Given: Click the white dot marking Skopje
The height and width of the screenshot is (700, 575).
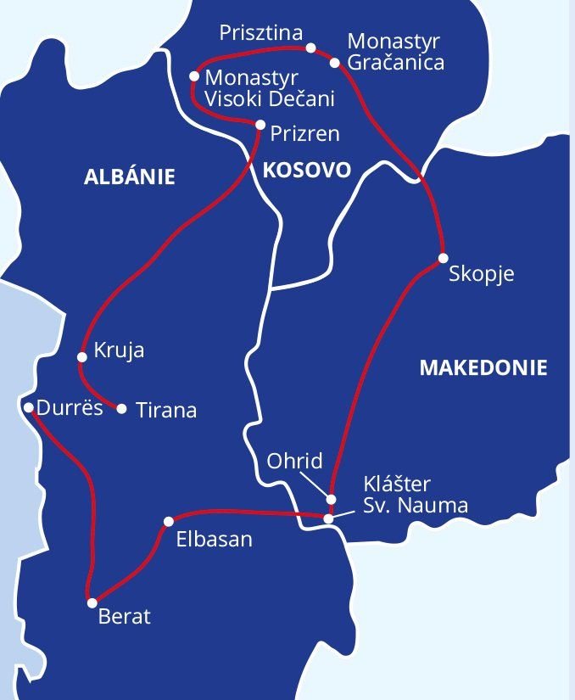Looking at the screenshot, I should [x=443, y=258].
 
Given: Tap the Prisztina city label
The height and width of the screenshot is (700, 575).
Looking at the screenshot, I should [x=260, y=33].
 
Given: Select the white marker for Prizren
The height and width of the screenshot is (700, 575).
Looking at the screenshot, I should [x=260, y=125].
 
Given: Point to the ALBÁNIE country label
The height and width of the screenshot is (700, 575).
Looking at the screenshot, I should [x=130, y=177].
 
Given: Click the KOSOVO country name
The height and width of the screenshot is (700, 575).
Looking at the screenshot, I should [x=306, y=170].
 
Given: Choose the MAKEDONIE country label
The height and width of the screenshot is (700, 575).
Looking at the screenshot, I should [x=483, y=368].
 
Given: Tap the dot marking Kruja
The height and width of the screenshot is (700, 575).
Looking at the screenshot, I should [x=82, y=357].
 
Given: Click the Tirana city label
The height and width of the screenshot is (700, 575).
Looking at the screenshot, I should [x=166, y=411].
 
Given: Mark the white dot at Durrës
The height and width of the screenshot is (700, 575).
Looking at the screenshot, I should [x=29, y=408].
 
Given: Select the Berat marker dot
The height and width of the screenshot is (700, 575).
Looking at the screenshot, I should [x=92, y=603].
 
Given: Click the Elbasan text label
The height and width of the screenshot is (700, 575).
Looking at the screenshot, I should [x=214, y=540].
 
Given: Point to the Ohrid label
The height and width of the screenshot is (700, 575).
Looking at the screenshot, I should [x=294, y=461].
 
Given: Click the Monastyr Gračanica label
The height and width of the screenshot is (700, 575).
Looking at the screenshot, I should [x=395, y=52].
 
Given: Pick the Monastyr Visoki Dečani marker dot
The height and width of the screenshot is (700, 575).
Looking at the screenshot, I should [x=194, y=76].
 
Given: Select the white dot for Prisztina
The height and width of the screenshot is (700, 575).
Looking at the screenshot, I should [x=310, y=48].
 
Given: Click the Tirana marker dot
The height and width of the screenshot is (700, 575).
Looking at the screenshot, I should [x=121, y=409].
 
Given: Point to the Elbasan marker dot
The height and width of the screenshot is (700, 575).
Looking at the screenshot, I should [x=169, y=521].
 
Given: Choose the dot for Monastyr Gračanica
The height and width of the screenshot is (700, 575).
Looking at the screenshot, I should [x=335, y=62].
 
